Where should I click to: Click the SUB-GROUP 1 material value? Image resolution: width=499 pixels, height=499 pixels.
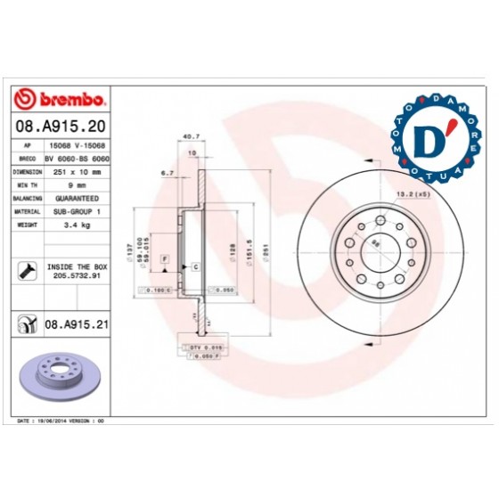76,212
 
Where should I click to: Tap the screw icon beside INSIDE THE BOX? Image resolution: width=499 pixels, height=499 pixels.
27,271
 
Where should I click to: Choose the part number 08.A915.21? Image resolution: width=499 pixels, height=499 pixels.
76,327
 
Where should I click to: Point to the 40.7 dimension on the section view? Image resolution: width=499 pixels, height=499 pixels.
189,136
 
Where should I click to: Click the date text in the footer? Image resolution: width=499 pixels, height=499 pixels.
62,418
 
